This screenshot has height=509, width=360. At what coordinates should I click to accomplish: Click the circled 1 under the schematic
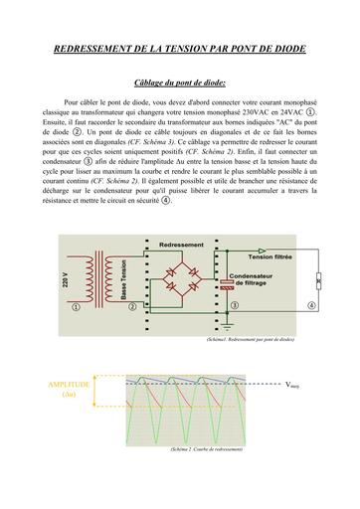(76, 307)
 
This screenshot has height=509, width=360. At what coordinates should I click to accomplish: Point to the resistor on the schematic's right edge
(317, 279)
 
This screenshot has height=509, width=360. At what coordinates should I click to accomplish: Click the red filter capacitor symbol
(230, 283)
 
